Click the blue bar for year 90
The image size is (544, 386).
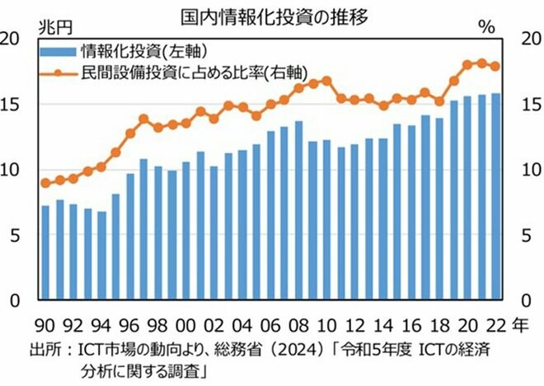click(x=45, y=253)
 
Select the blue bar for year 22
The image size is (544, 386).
click(x=495, y=197)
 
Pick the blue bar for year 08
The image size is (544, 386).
click(x=298, y=211)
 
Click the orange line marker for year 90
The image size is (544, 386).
click(x=45, y=183)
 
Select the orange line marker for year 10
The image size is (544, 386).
click(x=326, y=81)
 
